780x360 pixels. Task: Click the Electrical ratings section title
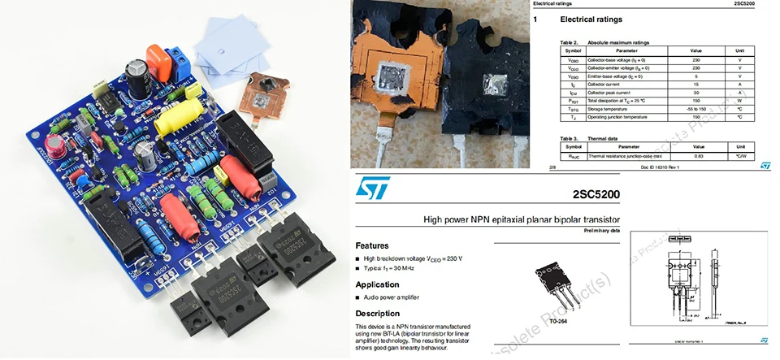(600, 19)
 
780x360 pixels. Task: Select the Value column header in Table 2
(695, 50)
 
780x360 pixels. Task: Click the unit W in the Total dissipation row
(739, 100)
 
